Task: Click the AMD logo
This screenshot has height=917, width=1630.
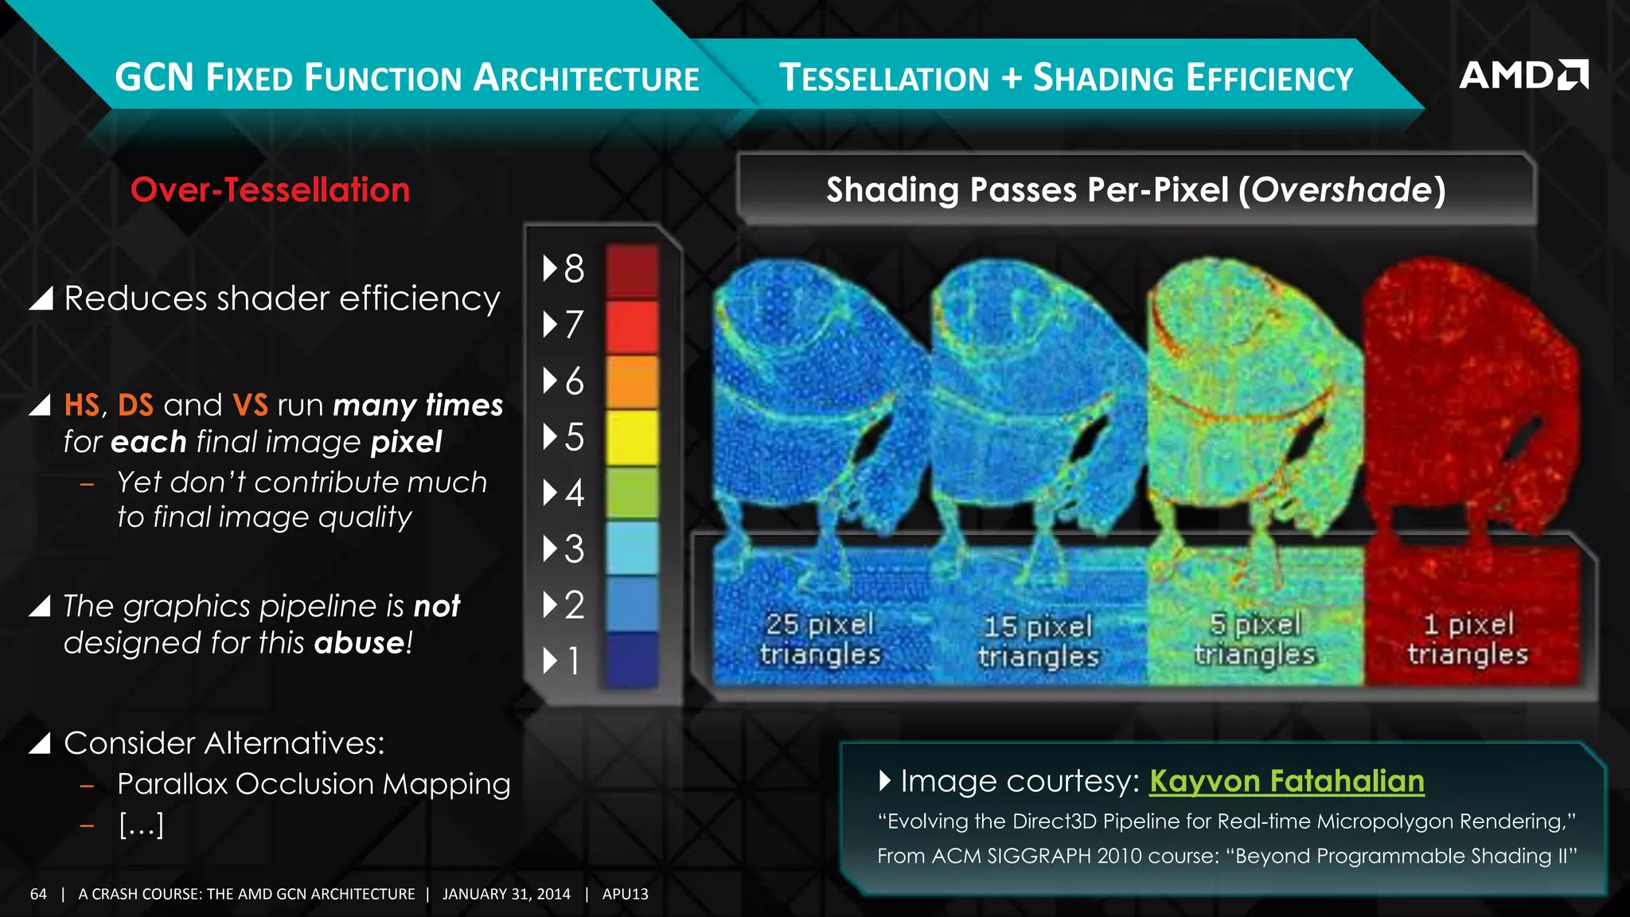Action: coord(1523,75)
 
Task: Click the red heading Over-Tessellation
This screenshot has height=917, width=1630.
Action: coord(270,190)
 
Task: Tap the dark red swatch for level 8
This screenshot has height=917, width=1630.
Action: coord(632,270)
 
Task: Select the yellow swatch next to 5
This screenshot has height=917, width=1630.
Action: coord(632,437)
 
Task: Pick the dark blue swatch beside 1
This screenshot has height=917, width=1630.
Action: coord(632,660)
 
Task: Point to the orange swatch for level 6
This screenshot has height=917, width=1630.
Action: coord(632,381)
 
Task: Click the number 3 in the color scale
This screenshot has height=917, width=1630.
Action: coord(574,549)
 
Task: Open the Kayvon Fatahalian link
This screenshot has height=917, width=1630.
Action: coord(1286,782)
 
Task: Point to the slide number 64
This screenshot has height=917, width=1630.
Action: coord(38,894)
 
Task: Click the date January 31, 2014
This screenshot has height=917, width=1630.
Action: coord(506,894)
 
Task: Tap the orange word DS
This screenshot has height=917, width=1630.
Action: coord(135,405)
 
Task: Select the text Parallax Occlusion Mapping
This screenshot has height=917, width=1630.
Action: coord(314,784)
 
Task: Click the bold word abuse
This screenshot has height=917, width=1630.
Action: coord(360,642)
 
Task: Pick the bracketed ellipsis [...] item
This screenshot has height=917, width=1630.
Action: coord(141,825)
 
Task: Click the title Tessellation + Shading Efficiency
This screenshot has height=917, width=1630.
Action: coord(1066,78)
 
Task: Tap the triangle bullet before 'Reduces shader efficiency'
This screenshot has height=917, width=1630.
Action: coord(41,299)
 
